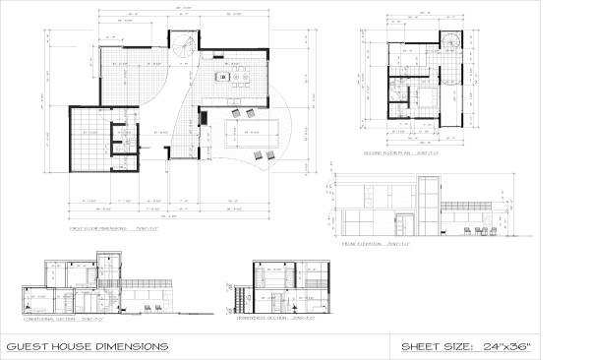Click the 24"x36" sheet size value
coord(532,346)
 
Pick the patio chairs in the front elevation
coord(479,229)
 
